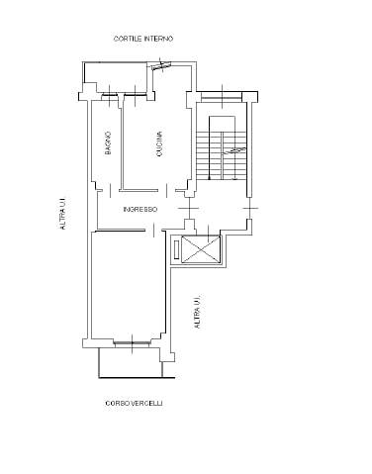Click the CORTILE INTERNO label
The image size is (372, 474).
click(x=143, y=39)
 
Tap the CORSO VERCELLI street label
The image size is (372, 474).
click(x=134, y=403)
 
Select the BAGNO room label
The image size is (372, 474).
click(x=108, y=143)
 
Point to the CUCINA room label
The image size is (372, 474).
click(x=159, y=143)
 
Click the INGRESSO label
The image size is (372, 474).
click(x=140, y=210)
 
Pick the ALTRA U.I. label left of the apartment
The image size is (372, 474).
click(x=62, y=214)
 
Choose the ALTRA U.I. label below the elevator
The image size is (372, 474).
click(x=197, y=312)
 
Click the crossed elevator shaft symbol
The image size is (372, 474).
click(x=201, y=249)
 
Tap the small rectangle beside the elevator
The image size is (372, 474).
click(x=176, y=249)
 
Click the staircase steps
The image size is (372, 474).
click(x=222, y=155)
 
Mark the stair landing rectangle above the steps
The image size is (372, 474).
click(x=222, y=124)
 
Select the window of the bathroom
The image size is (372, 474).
click(x=109, y=95)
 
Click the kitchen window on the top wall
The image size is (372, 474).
click(x=136, y=95)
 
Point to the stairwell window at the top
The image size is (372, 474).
click(x=222, y=97)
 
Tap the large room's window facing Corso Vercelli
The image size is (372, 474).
click(x=133, y=343)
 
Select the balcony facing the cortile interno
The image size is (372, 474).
click(x=116, y=77)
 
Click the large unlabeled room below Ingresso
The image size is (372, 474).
click(x=128, y=285)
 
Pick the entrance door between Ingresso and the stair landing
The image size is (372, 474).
click(x=189, y=209)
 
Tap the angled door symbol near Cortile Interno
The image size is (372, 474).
click(x=161, y=66)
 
